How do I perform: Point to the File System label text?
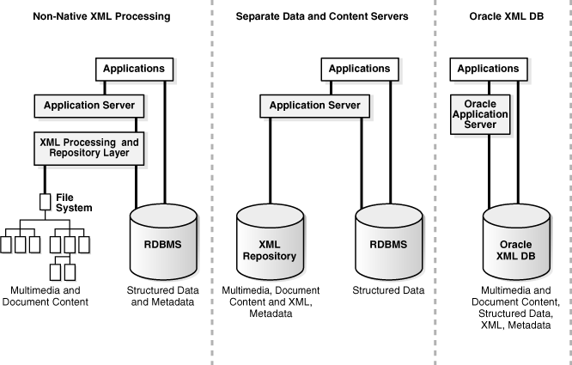pos(74,203)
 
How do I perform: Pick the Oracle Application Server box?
pos(480,115)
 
